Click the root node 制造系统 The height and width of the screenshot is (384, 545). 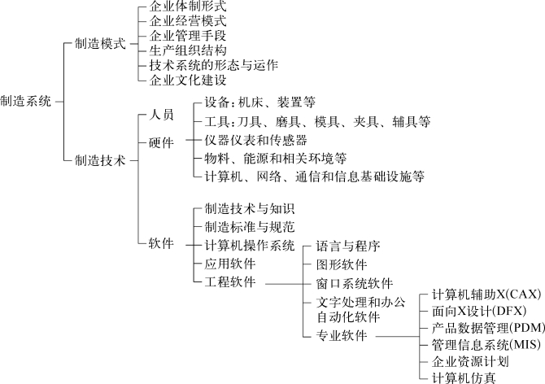(x=26, y=102)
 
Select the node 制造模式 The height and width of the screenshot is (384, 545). (x=99, y=44)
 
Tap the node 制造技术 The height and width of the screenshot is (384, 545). (x=99, y=161)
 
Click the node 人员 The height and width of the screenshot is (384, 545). (x=161, y=117)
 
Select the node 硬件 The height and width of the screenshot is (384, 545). (x=161, y=142)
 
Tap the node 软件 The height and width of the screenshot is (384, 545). (x=161, y=242)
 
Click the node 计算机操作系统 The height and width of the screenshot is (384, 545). (x=249, y=246)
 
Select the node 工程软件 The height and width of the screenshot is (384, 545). (x=229, y=281)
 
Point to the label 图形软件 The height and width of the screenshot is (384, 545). (x=342, y=264)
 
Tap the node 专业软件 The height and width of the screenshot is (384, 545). (x=342, y=335)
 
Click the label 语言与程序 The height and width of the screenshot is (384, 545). (x=348, y=246)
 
